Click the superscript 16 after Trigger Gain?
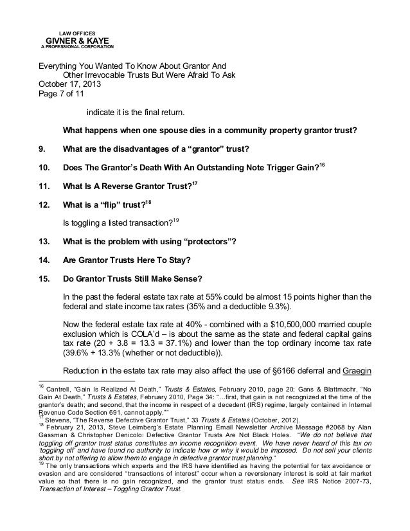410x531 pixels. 323,165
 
